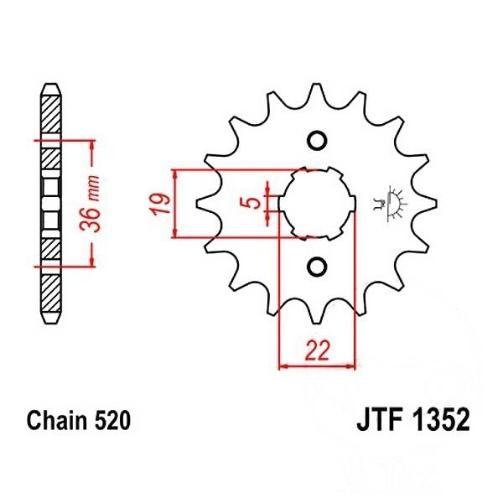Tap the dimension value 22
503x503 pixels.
pos(316,351)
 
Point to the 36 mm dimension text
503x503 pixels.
pos(95,203)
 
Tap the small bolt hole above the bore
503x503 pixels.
pos(316,139)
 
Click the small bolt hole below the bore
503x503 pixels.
pos(316,267)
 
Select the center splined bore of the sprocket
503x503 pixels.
pos(316,203)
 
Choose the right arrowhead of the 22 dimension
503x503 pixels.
pos(352,366)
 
